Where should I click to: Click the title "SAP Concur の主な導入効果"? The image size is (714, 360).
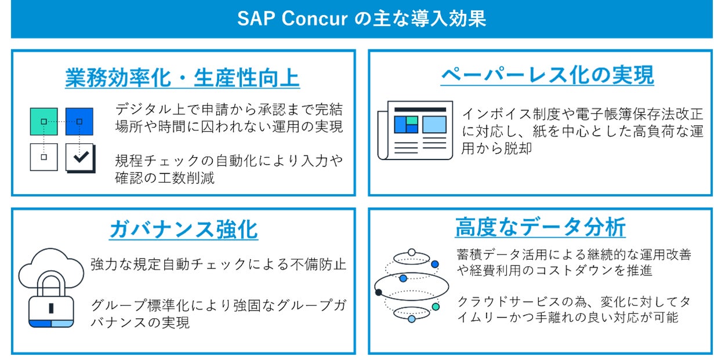click(361, 19)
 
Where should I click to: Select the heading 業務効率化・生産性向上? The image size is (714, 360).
click(182, 78)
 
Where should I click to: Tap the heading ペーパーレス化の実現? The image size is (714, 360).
click(547, 75)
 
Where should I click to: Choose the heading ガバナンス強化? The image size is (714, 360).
click(183, 230)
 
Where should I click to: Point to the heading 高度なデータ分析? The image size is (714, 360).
click(540, 227)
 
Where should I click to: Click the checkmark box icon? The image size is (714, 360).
click(80, 157)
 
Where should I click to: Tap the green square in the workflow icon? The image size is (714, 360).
click(44, 121)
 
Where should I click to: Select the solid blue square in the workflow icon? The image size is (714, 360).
click(79, 121)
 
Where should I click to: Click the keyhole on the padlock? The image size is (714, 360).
click(51, 307)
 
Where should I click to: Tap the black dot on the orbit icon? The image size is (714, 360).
click(378, 292)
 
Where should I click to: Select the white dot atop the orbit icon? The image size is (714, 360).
click(412, 253)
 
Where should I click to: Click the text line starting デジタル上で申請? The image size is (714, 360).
click(229, 109)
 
